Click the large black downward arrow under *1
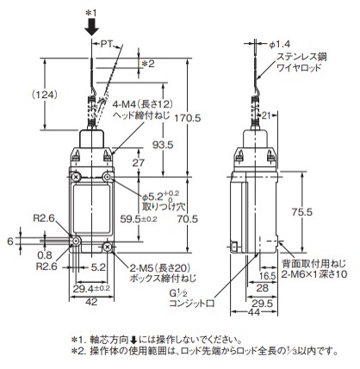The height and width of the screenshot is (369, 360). [91, 28]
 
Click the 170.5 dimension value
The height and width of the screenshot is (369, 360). [189, 118]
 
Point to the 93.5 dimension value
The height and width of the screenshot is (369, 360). [162, 145]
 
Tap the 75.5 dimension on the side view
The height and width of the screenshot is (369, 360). [301, 212]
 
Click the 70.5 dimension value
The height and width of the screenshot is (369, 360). [187, 219]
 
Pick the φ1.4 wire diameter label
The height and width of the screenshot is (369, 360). [280, 44]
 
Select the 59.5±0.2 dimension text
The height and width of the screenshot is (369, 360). [139, 219]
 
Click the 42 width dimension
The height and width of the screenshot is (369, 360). [91, 302]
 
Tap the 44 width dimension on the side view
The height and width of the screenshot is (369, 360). [253, 311]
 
